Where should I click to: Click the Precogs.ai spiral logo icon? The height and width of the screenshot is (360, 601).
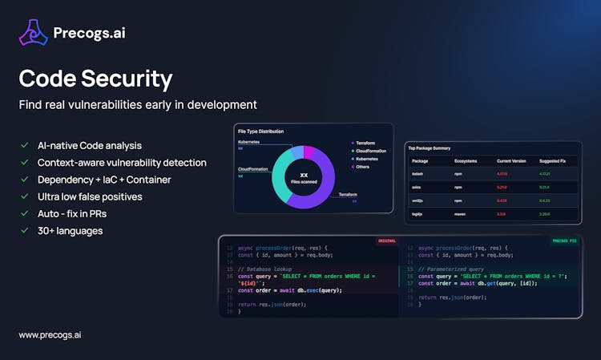point(33,33)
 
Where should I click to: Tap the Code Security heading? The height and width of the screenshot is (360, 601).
point(95,79)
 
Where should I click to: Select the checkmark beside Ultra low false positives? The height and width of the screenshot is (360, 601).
point(24,196)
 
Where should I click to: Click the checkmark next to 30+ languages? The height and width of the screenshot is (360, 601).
point(24,231)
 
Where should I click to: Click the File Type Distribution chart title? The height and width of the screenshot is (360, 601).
point(261,131)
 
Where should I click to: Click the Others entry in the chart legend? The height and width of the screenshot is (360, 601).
point(362,167)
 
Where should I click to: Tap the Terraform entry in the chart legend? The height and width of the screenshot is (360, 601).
point(365,143)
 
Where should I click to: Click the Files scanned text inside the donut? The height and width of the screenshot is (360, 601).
point(304,181)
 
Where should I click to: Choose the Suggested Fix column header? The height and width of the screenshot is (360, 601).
point(551,161)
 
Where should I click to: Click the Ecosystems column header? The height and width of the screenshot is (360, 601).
point(465,161)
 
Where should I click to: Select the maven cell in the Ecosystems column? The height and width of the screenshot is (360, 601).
point(461,214)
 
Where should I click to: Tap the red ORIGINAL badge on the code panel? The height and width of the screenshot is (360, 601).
point(386,241)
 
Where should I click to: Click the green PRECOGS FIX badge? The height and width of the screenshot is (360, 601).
point(565,241)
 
